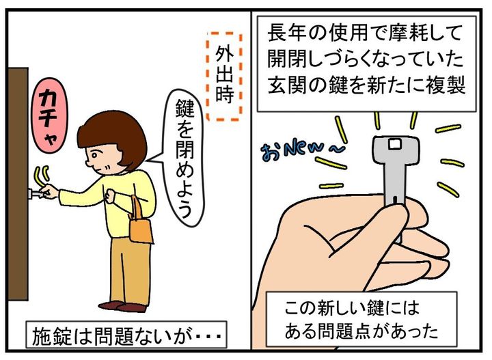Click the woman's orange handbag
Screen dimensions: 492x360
pyautogui.click(x=139, y=223)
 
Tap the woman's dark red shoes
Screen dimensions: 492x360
pyautogui.click(x=123, y=306)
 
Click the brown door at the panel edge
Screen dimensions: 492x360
pyautogui.click(x=18, y=184)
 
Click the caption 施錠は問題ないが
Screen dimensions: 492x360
pyautogui.click(x=126, y=335)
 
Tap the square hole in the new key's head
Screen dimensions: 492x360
pyautogui.click(x=394, y=144)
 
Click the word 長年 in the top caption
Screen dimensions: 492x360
pyautogui.click(x=286, y=33)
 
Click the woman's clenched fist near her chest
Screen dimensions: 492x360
pyautogui.click(x=111, y=195)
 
